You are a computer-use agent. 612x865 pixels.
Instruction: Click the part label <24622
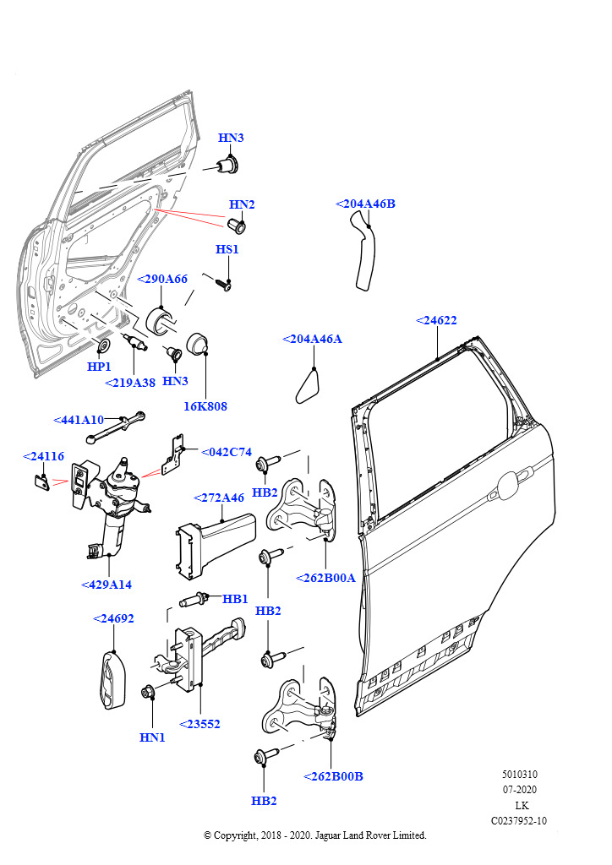[436, 320]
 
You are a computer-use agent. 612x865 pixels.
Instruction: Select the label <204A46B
[365, 204]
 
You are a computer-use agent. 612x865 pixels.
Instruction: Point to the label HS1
[227, 249]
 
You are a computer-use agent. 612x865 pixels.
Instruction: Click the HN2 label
[242, 204]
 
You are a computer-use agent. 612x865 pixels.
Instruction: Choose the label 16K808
[205, 406]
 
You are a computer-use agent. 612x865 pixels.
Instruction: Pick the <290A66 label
[162, 279]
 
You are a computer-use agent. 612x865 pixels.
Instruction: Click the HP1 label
[100, 367]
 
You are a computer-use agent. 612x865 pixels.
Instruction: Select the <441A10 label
[79, 420]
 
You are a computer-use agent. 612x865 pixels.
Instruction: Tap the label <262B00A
[325, 578]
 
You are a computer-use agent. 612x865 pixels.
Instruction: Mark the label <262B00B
[333, 776]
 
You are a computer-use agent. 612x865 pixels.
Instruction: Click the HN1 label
[152, 737]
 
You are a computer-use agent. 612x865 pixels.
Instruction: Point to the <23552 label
[199, 724]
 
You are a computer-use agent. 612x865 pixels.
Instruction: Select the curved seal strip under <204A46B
[364, 254]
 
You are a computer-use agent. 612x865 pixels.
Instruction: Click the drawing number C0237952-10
[518, 820]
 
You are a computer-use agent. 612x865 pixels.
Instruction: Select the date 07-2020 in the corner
[520, 790]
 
